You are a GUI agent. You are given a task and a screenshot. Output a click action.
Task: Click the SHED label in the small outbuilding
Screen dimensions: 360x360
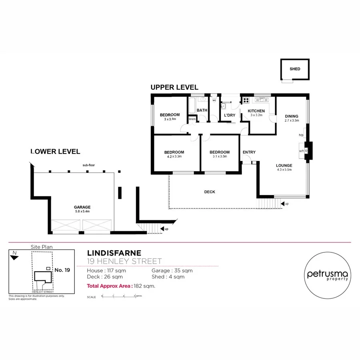[x=295, y=69]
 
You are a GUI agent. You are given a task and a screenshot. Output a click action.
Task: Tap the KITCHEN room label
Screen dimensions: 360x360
[x=256, y=111]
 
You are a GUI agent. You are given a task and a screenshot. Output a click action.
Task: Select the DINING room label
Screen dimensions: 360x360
[x=291, y=116]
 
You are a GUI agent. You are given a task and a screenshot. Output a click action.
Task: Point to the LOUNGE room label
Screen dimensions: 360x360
[x=284, y=165]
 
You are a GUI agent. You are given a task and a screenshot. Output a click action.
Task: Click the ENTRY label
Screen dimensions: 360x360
[x=249, y=152]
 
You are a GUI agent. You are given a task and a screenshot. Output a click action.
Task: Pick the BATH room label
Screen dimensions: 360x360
[x=202, y=110]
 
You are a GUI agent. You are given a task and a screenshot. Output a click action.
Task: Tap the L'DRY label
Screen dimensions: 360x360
[x=230, y=115]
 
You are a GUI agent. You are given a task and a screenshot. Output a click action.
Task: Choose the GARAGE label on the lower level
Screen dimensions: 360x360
[x=82, y=207]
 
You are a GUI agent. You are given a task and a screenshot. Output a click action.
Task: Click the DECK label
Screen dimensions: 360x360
[x=210, y=192]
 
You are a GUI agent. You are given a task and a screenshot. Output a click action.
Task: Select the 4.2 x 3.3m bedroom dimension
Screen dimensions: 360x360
[x=174, y=156]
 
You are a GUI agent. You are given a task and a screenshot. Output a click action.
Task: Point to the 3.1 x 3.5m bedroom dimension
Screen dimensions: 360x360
[x=220, y=156]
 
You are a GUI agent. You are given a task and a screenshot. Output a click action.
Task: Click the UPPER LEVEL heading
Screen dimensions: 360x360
[x=174, y=87]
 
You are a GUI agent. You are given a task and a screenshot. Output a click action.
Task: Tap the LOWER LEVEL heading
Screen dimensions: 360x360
[x=55, y=152]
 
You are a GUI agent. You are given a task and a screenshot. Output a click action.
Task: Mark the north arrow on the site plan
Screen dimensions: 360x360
[x=15, y=256]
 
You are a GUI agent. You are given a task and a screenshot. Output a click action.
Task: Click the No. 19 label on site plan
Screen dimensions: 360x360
[x=62, y=270]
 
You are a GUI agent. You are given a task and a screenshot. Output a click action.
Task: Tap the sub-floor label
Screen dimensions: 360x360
[x=88, y=165]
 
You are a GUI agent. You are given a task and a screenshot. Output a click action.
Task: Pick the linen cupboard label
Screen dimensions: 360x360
[x=192, y=119]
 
